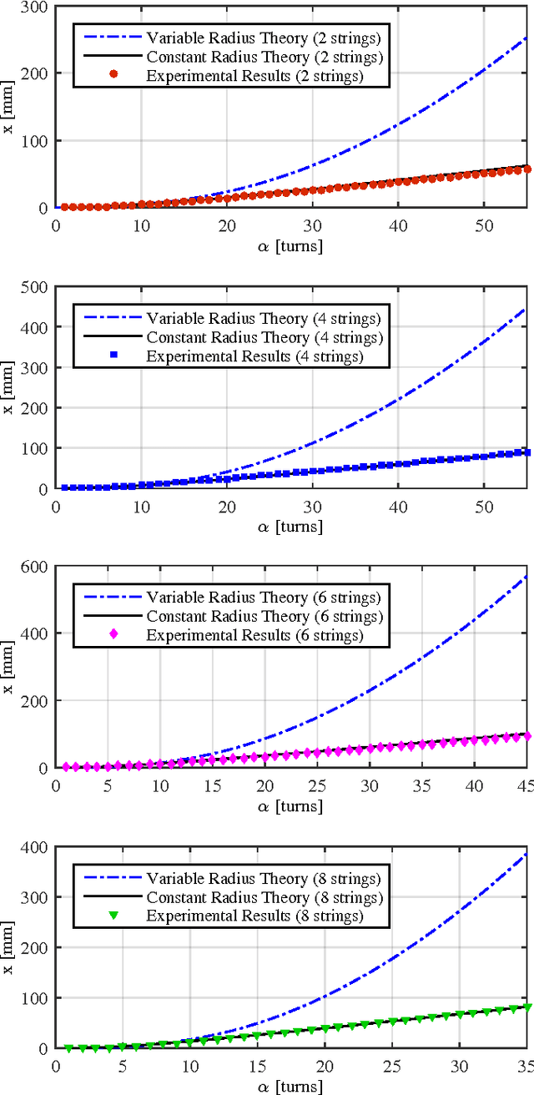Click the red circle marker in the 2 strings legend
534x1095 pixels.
point(113,75)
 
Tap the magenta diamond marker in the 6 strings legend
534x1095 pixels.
point(113,635)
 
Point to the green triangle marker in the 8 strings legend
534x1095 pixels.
point(113,916)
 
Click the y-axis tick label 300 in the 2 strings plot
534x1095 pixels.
point(34,7)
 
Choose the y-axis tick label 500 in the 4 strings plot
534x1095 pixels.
point(34,287)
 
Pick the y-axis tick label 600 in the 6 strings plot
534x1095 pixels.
point(34,567)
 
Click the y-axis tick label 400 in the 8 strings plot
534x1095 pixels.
point(34,847)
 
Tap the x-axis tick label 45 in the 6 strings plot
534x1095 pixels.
point(526,785)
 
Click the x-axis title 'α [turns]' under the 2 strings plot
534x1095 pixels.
point(291,247)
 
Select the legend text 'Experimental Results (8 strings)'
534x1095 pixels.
point(255,916)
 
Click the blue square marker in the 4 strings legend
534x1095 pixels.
point(113,356)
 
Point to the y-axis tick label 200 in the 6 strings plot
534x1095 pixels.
point(34,701)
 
